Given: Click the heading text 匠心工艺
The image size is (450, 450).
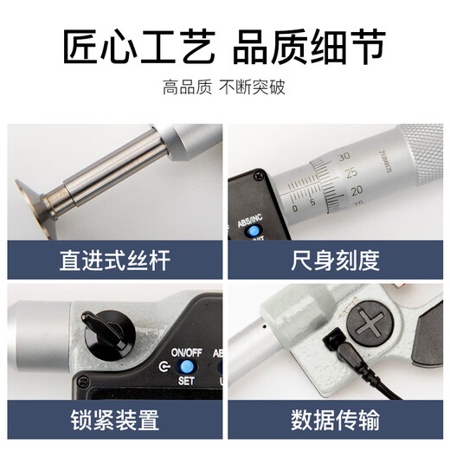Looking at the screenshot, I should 138,48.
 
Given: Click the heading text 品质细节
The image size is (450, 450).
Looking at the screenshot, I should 309,48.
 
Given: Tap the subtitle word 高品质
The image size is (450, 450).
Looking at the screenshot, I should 183,87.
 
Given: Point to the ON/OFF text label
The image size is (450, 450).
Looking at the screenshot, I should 183,352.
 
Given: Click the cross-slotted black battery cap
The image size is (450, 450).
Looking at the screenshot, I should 373,328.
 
